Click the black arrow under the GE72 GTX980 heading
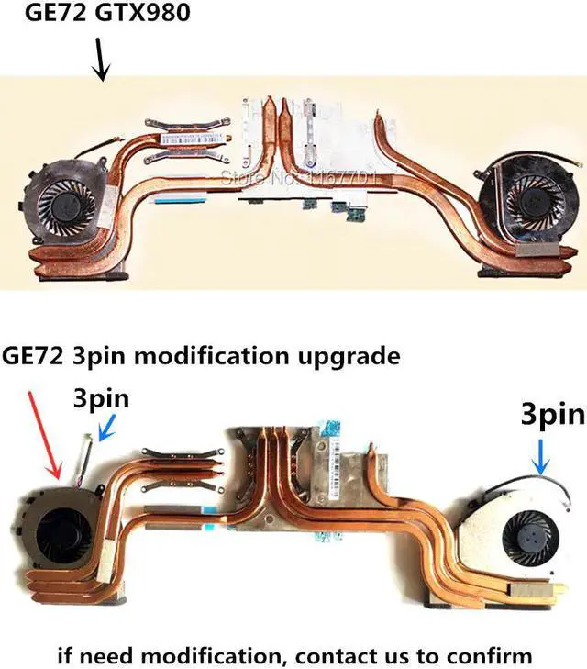coord(103,61)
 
